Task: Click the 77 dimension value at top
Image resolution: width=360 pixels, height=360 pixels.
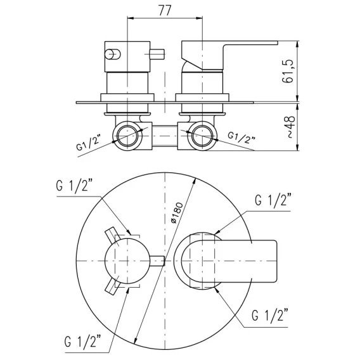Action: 165,10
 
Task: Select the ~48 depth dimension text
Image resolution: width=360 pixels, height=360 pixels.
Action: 291,127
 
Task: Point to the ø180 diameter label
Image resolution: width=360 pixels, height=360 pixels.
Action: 177,213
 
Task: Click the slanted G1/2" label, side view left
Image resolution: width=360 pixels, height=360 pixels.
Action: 88,144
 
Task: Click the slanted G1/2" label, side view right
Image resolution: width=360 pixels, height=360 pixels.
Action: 241,138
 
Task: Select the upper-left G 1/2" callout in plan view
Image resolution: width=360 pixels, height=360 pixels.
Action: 74,186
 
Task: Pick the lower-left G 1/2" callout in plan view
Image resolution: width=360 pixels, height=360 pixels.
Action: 83,342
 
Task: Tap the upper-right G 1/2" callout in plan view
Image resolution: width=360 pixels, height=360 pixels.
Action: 273,200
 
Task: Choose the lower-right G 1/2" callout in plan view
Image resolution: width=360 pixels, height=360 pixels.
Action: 270,316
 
